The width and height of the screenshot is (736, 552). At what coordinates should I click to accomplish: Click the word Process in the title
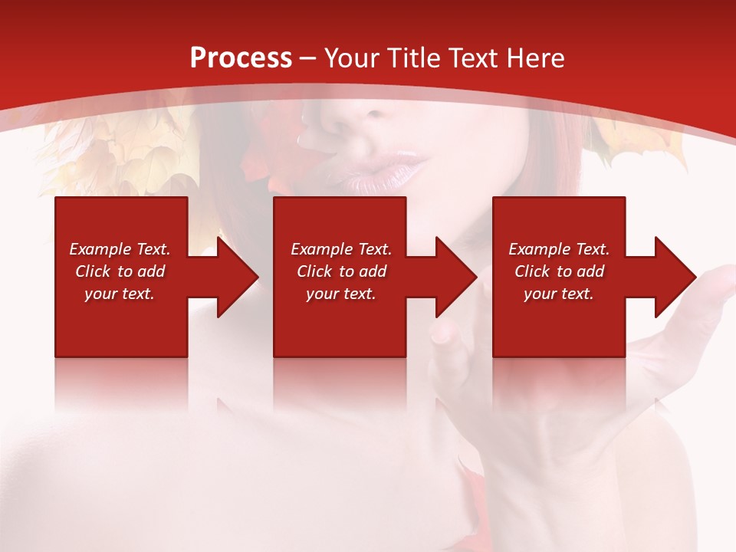(x=241, y=58)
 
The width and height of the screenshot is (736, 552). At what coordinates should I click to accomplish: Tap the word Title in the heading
(x=411, y=58)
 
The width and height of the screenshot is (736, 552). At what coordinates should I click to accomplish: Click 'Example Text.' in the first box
(x=120, y=249)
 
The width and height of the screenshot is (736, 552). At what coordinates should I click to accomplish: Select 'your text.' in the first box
(x=120, y=294)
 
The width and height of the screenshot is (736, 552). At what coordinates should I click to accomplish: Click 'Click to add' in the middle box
(x=341, y=271)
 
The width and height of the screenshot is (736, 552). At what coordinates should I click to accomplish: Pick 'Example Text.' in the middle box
(x=341, y=249)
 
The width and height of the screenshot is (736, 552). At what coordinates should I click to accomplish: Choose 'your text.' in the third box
(x=559, y=294)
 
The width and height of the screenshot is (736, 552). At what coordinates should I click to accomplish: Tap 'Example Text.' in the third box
(x=559, y=249)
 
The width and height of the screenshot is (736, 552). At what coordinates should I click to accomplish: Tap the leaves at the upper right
(x=636, y=142)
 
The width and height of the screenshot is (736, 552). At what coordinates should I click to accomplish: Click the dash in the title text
(x=307, y=58)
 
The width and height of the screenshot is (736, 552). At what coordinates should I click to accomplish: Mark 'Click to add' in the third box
(x=559, y=271)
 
